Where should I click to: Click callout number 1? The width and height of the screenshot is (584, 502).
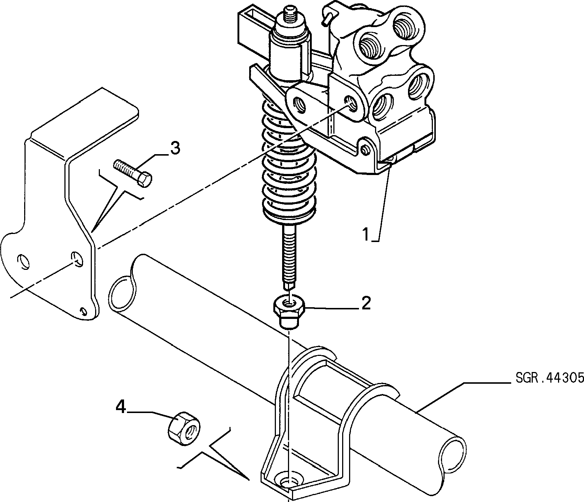pyautogui.click(x=366, y=234)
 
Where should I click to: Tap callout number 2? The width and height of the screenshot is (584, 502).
pyautogui.click(x=366, y=303)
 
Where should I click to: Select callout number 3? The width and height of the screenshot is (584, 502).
pyautogui.click(x=175, y=149)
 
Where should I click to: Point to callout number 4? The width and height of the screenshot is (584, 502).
pyautogui.click(x=121, y=407)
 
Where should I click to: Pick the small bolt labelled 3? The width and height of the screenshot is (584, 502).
pyautogui.click(x=133, y=173)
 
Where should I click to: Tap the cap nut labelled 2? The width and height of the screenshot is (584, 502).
pyautogui.click(x=290, y=312)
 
